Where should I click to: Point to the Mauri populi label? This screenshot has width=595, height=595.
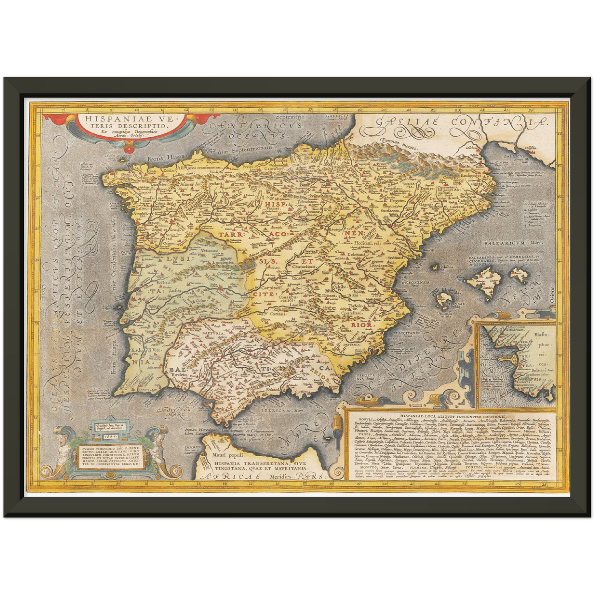pos(227,455)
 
